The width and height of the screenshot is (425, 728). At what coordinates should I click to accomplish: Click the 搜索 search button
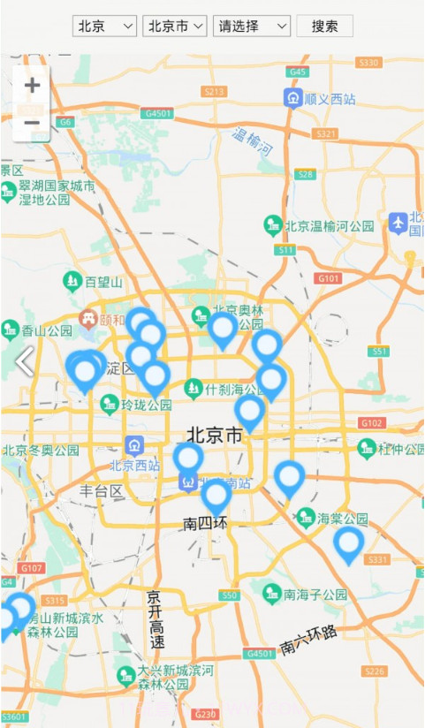click(324, 27)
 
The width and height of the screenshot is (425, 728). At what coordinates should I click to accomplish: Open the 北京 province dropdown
click(104, 27)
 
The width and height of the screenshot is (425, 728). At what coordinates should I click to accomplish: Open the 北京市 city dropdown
click(174, 27)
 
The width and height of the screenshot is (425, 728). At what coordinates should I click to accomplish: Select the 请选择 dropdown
click(251, 27)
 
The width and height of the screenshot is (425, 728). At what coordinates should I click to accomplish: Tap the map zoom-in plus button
click(32, 86)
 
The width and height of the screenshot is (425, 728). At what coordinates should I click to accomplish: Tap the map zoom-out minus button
click(32, 123)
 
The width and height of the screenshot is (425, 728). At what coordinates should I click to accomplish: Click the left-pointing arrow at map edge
click(24, 360)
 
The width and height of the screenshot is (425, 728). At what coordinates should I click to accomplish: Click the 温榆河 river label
click(253, 141)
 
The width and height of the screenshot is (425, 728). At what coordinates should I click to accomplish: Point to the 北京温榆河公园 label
click(329, 226)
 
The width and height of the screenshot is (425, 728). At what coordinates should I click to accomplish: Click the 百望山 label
click(103, 282)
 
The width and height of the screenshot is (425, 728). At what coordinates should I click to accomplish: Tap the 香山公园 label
click(46, 331)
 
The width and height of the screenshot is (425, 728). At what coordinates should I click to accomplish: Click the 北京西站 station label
click(134, 465)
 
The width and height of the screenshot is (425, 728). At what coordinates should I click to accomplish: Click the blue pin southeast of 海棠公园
click(348, 543)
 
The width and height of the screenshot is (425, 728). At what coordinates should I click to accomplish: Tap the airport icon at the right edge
click(398, 222)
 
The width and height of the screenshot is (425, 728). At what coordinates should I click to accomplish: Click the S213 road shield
click(215, 91)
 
